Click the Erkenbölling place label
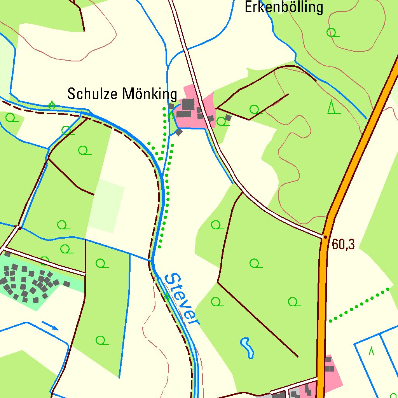[x=284, y=7]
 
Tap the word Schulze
[x=93, y=94]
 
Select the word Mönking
[x=150, y=94]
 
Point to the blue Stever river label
[x=182, y=298]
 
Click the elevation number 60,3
[x=344, y=244]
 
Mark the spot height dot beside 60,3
[x=325, y=236]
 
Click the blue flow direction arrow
[x=50, y=325]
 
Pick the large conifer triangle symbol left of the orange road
[x=332, y=107]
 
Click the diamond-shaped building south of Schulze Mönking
[x=178, y=132]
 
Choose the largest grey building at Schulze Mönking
[x=188, y=104]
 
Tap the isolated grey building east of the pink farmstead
[x=228, y=117]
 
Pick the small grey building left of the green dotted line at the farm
[x=171, y=106]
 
